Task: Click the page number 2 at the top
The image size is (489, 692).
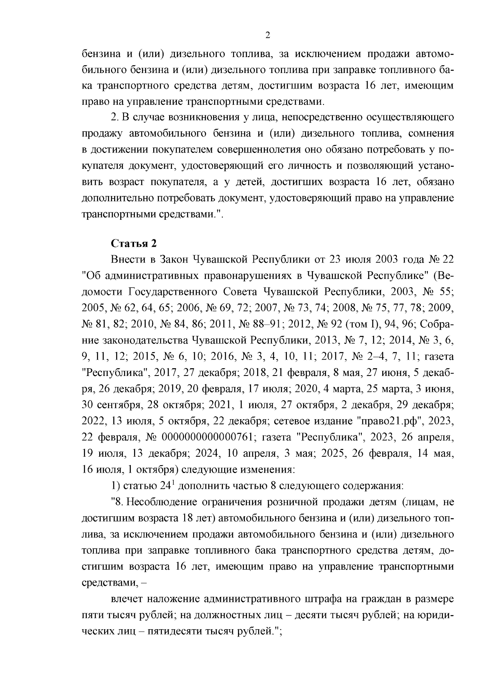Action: (268, 35)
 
